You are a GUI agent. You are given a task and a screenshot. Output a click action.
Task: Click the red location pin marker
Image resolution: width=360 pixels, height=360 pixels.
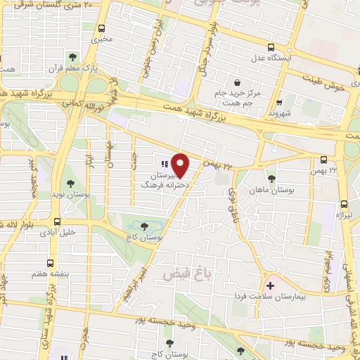click(181, 165)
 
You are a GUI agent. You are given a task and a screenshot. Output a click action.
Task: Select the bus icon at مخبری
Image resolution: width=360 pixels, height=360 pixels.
click(103, 29)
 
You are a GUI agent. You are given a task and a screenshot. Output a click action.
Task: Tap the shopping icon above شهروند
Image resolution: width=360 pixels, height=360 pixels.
click(280, 101)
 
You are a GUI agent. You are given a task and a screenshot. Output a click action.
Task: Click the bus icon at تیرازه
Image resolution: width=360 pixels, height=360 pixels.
click(343, 202)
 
